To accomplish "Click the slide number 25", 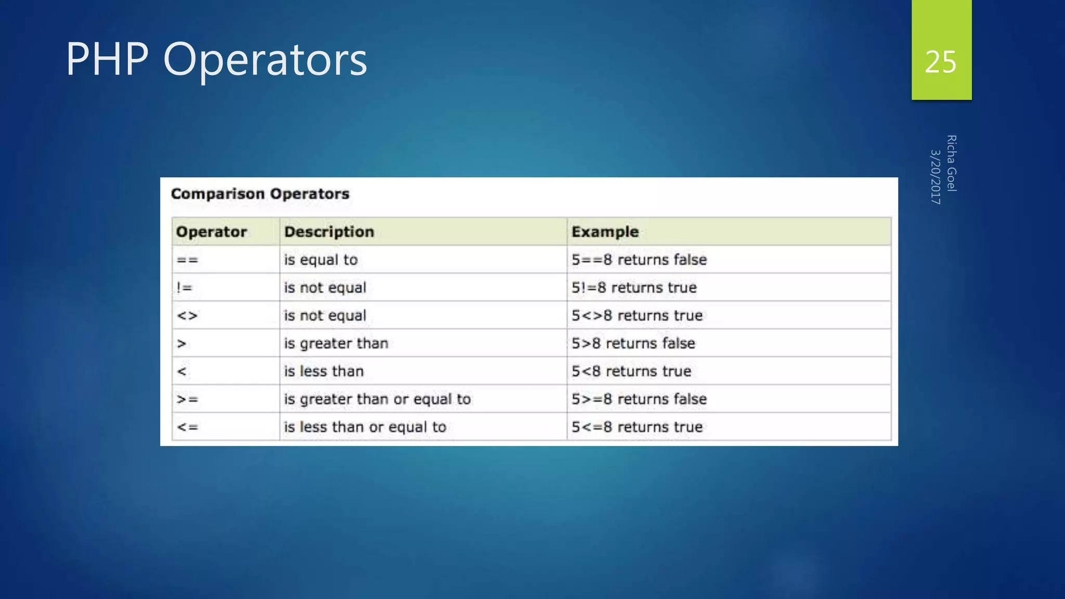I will point(941,62).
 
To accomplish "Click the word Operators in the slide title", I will point(265,60).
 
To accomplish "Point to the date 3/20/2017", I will point(936,177).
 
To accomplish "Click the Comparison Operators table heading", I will point(260,194).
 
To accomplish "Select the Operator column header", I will point(211,232).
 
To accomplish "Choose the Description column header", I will point(329,232).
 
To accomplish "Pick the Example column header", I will point(605,232).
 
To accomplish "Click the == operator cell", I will point(187,260).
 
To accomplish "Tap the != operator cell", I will point(184,288).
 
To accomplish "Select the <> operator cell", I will point(187,316).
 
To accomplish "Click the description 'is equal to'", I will point(321,260).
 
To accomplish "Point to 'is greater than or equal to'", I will point(378,399).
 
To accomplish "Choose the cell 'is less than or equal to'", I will point(365,427).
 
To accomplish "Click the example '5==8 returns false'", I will point(639,260).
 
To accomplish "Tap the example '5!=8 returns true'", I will point(634,288).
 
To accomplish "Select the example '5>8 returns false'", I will point(633,344).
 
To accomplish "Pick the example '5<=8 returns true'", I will point(637,427).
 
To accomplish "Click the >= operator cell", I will point(187,399).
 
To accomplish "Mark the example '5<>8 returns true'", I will point(637,316).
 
